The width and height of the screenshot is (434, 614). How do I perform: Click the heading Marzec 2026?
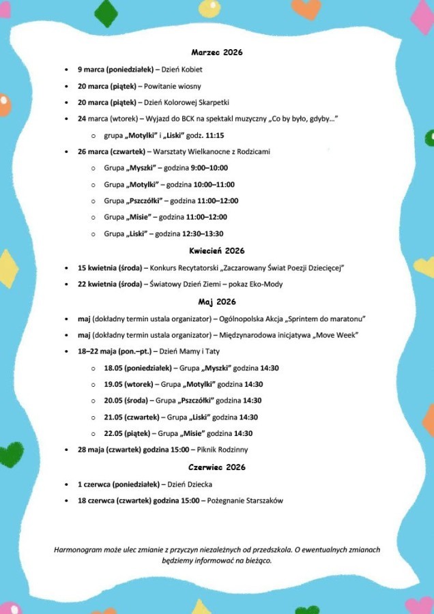tap(217, 52)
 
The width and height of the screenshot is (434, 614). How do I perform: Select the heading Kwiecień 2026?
tap(217, 250)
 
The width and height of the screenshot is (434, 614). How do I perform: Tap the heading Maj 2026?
tap(217, 301)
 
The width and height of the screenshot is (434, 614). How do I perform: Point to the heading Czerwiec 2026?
tap(217, 467)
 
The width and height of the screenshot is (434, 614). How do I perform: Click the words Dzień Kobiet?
tap(182, 70)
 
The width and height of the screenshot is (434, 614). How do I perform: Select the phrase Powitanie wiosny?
tap(173, 87)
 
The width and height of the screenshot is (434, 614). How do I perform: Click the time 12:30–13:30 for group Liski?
tap(204, 234)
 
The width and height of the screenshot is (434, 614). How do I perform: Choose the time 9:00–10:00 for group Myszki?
tap(209, 168)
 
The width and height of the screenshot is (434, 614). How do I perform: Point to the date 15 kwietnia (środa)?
tap(110, 267)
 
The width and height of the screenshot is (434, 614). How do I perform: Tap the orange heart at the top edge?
tap(306, 8)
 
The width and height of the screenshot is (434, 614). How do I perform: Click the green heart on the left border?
tap(10, 454)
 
